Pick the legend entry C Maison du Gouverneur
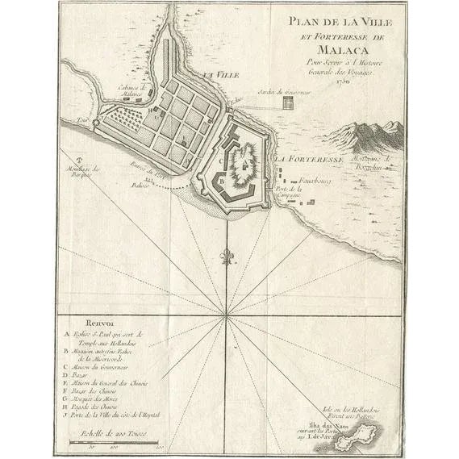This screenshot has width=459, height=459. pyautogui.click(x=107, y=366)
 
